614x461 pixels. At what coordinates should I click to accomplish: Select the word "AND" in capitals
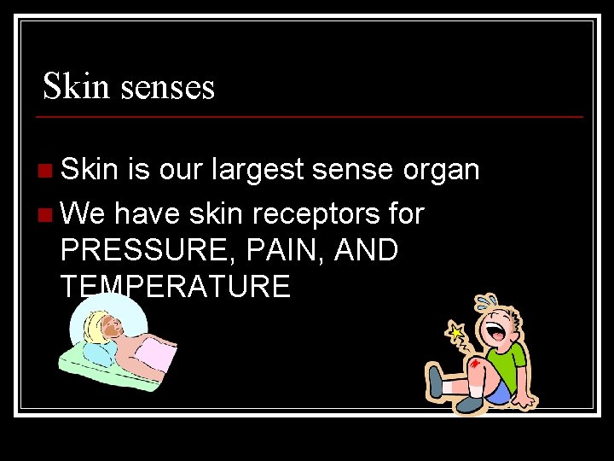[x=367, y=250]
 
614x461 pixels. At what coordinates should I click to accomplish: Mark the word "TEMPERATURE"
[x=176, y=286]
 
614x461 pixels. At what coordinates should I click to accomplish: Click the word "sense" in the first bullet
[x=351, y=171]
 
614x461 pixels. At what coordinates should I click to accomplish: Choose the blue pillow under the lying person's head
[x=96, y=353]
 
